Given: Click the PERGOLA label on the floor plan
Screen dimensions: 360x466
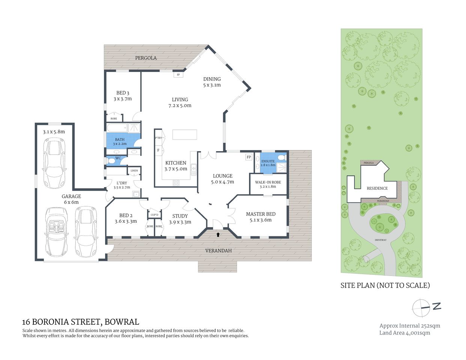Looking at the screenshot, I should [146, 58].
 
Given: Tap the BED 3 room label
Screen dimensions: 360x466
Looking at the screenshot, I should [123, 93].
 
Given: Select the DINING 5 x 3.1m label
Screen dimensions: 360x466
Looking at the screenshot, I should [212, 82].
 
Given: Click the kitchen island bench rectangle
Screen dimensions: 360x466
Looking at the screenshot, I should [185, 135].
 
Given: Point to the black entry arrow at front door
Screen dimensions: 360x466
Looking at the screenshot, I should [218, 235].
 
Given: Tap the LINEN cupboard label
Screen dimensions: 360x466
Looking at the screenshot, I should [134, 171].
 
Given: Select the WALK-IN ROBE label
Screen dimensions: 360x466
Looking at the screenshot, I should [268, 182].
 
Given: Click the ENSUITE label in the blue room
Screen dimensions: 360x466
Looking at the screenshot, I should [268, 161].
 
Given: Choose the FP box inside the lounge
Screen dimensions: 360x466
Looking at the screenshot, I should [248, 157].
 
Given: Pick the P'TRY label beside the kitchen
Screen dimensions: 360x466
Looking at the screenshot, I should [158, 138].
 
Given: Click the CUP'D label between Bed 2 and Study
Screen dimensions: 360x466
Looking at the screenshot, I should [154, 215].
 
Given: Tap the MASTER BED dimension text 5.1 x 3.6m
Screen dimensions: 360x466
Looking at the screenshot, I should [260, 220].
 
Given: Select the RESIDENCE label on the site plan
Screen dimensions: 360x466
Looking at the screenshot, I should [377, 188].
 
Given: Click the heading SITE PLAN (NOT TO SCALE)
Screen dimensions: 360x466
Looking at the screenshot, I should [385, 285].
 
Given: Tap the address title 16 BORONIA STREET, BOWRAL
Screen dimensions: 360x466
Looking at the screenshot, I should [81, 322].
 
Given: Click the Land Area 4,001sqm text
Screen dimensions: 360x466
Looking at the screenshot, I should [404, 333].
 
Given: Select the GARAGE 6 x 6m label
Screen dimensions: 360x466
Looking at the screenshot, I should [71, 199].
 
